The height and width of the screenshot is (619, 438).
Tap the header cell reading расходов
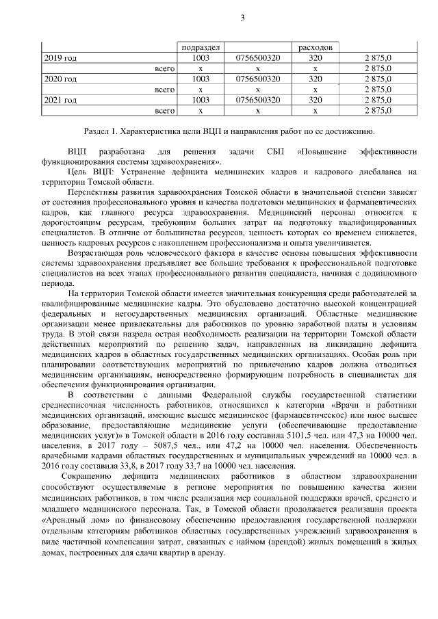pyautogui.click(x=314, y=49)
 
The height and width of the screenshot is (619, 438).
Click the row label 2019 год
pyautogui.click(x=60, y=59)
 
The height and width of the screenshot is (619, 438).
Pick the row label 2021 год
pyautogui.click(x=60, y=100)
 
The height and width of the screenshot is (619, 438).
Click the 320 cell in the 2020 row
pyautogui.click(x=314, y=79)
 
